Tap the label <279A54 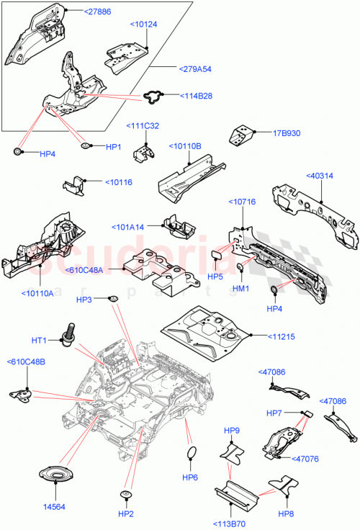[x=194, y=69]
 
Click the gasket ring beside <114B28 [x=153, y=94]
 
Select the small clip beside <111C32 [x=145, y=151]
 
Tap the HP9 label [x=231, y=431]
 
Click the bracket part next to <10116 [x=75, y=185]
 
